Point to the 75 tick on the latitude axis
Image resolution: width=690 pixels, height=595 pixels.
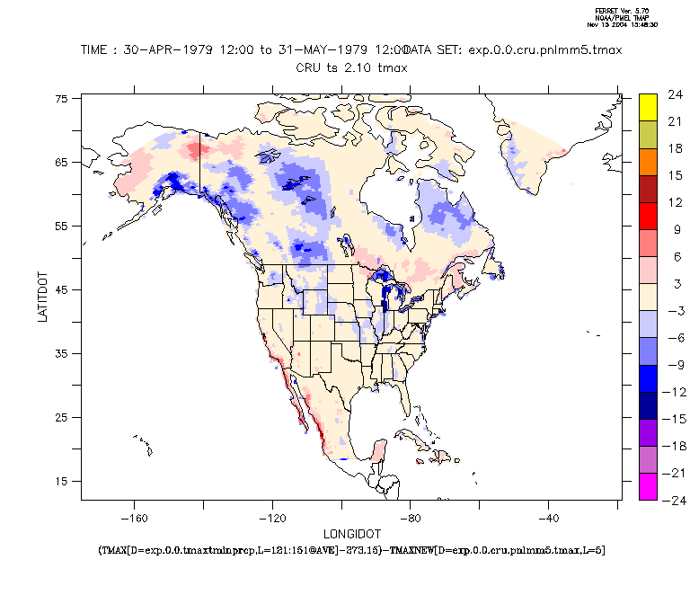click(x=62, y=99)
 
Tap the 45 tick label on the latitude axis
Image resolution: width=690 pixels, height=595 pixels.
click(x=62, y=290)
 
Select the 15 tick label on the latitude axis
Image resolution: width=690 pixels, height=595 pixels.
click(x=62, y=481)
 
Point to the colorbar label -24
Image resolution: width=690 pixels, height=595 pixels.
click(x=674, y=500)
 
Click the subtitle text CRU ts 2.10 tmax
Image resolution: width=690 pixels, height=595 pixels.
click(x=350, y=67)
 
